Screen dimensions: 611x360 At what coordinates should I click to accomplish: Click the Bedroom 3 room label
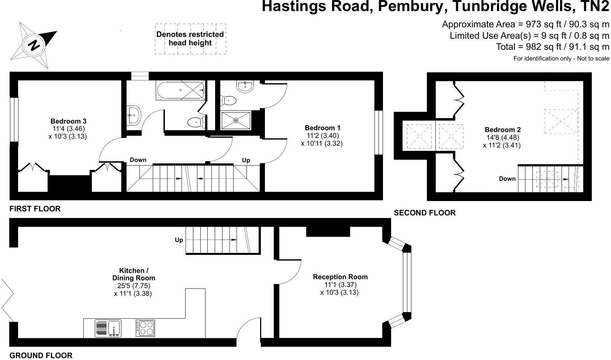coord(68,121)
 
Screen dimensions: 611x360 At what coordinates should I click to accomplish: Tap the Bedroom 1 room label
coord(322,128)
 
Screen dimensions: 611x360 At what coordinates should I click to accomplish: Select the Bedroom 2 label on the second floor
coord(503,130)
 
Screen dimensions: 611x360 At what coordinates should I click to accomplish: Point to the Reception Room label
coord(340,277)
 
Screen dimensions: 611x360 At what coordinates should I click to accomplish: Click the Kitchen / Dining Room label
coord(134,274)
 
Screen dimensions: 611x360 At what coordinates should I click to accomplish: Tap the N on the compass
coord(34,45)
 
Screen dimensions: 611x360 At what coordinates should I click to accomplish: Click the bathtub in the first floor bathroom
coord(181,90)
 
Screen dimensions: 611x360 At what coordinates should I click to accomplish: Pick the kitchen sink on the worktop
coord(108,328)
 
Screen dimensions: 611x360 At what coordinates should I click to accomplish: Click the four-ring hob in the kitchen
coord(145,328)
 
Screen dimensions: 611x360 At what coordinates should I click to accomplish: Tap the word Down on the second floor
coord(507,179)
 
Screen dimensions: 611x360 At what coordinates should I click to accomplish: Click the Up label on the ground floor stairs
coord(179,240)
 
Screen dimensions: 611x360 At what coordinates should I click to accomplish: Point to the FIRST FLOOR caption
coord(35,209)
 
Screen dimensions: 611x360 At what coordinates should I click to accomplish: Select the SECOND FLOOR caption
coord(425,213)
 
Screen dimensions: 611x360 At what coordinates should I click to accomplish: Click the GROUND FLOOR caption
coord(41,356)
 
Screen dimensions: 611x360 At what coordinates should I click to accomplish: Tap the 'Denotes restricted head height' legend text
coord(190,39)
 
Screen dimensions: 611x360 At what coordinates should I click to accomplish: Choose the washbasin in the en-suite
coord(245,86)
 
